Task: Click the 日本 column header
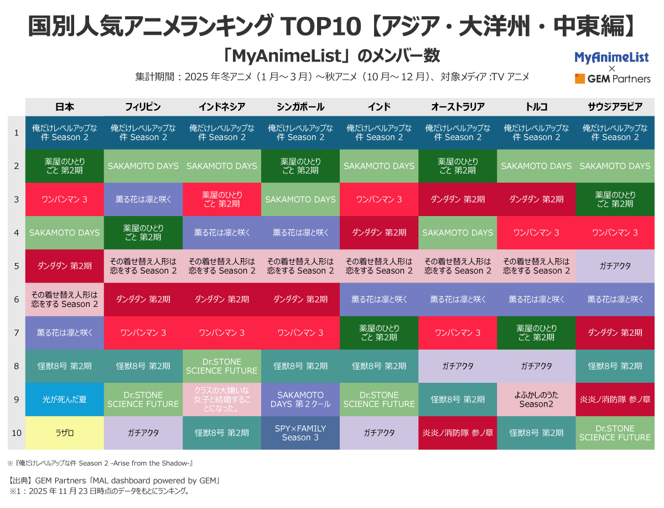[65, 107]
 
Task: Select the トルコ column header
[536, 107]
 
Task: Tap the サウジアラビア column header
[615, 107]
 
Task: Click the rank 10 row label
[17, 433]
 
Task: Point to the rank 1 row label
[17, 132]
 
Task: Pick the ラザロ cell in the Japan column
[65, 433]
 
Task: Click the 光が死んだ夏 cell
[65, 399]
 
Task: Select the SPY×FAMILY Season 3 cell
[300, 433]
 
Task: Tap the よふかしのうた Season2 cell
[536, 399]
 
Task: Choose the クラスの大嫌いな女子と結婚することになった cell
[222, 399]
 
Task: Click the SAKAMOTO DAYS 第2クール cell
[300, 399]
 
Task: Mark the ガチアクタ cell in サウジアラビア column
[615, 266]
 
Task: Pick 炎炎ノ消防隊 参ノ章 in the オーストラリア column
[458, 433]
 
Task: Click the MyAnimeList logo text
[611, 57]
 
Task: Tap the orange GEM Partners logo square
[579, 79]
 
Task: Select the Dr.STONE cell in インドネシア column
[222, 366]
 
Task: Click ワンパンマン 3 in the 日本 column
[65, 199]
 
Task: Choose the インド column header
[379, 107]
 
